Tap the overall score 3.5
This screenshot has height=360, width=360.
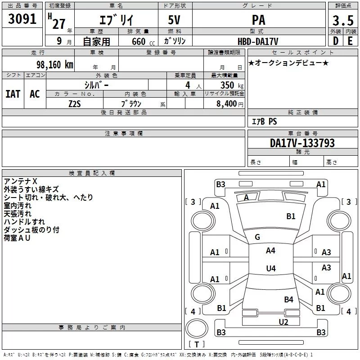coord(342,20)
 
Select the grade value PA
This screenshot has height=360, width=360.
coord(258,20)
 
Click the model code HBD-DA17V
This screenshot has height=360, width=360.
coord(258,41)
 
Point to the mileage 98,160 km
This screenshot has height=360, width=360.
coord(54,65)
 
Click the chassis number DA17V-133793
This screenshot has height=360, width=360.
coord(302,143)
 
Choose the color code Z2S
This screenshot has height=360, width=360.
coord(75,103)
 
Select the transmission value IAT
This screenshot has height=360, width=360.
coord(13,94)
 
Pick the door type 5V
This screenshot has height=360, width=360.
coord(175,20)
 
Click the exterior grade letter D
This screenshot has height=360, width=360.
coord(335,41)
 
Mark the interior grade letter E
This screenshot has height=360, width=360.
coord(350,41)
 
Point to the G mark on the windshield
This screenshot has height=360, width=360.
coord(257,237)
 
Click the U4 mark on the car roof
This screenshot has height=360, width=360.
coord(270,269)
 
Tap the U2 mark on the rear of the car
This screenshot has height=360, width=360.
coord(283,322)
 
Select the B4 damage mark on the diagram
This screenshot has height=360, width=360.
coord(288,299)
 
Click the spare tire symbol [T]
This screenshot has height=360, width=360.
coord(196,345)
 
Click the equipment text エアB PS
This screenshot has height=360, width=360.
coord(264,121)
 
